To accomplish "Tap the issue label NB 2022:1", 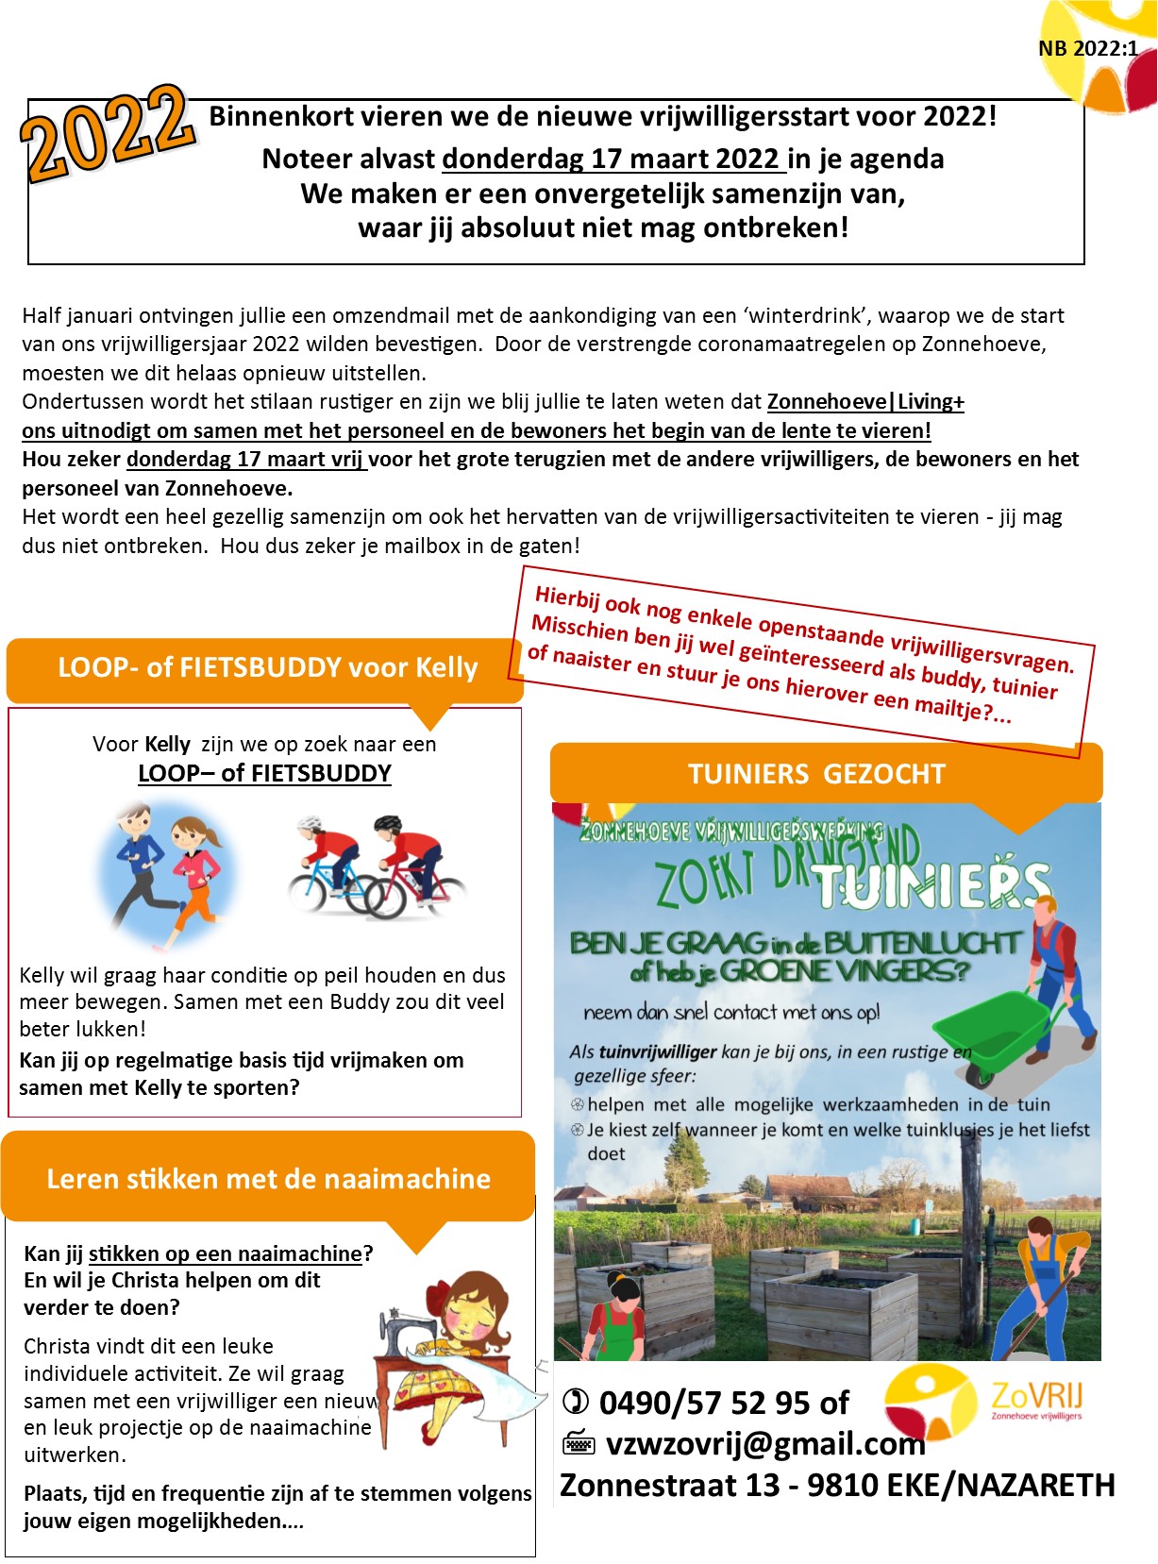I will click(x=1087, y=49).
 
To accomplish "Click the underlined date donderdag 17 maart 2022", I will click(x=613, y=159).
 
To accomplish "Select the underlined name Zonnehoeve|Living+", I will click(x=865, y=402).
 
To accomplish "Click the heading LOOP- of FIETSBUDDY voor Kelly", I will click(x=268, y=668).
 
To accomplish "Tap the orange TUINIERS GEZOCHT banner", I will click(x=816, y=774).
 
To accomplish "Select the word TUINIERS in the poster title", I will click(x=931, y=885).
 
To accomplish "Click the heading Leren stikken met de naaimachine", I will click(x=268, y=1179).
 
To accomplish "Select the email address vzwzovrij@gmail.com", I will click(x=764, y=1444).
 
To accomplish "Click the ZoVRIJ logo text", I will click(x=1036, y=1395).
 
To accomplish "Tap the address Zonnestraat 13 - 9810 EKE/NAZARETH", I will click(x=837, y=1486).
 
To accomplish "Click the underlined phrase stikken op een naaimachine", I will click(x=226, y=1253).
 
